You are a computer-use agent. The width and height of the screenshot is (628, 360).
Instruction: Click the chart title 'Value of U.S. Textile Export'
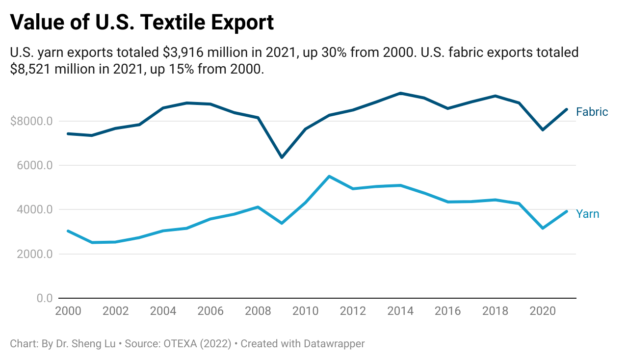[142, 22]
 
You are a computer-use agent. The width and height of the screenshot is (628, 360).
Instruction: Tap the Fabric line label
[592, 112]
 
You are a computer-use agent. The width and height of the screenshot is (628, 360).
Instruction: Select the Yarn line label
[587, 214]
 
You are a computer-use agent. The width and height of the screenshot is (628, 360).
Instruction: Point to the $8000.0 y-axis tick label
[31, 121]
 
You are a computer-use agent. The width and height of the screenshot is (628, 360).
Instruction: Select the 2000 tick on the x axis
[68, 311]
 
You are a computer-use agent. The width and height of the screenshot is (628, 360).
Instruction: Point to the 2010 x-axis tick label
[305, 311]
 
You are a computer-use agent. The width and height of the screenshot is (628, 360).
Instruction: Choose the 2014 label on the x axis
[400, 311]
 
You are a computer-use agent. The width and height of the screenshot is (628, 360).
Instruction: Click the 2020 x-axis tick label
[543, 311]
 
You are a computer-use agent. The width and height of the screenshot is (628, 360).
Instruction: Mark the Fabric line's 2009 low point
[282, 157]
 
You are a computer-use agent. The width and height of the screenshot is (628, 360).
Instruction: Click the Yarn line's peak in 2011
[329, 176]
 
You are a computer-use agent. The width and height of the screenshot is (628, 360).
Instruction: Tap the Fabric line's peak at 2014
[400, 93]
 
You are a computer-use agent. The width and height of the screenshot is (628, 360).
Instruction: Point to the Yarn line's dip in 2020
[543, 228]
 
